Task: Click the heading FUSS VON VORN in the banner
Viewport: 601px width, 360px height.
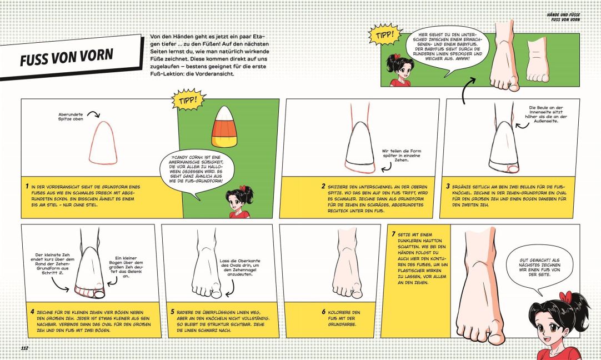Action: tap(67, 57)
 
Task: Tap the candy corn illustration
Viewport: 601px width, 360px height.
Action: tap(224, 127)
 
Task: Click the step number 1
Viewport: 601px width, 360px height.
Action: tap(27, 186)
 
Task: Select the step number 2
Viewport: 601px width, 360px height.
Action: tap(323, 186)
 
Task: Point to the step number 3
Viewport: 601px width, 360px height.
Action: tap(448, 186)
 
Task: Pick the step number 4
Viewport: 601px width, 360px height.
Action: tap(32, 312)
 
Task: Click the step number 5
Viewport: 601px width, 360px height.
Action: tap(172, 312)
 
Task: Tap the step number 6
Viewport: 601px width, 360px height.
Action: tap(323, 312)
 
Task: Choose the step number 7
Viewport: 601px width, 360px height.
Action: tap(393, 234)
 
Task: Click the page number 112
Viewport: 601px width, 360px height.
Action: tap(24, 348)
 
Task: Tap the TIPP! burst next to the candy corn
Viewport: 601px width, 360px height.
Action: tap(188, 100)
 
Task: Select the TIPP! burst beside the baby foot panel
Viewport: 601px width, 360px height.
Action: tap(385, 35)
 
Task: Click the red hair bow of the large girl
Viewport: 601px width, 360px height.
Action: tap(565, 296)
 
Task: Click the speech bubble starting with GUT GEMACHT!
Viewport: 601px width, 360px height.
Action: tap(539, 267)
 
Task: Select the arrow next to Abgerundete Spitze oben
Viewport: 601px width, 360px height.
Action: tap(93, 113)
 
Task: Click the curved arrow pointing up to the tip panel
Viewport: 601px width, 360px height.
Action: tap(468, 90)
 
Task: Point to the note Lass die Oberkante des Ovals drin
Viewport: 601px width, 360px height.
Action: tap(240, 267)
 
